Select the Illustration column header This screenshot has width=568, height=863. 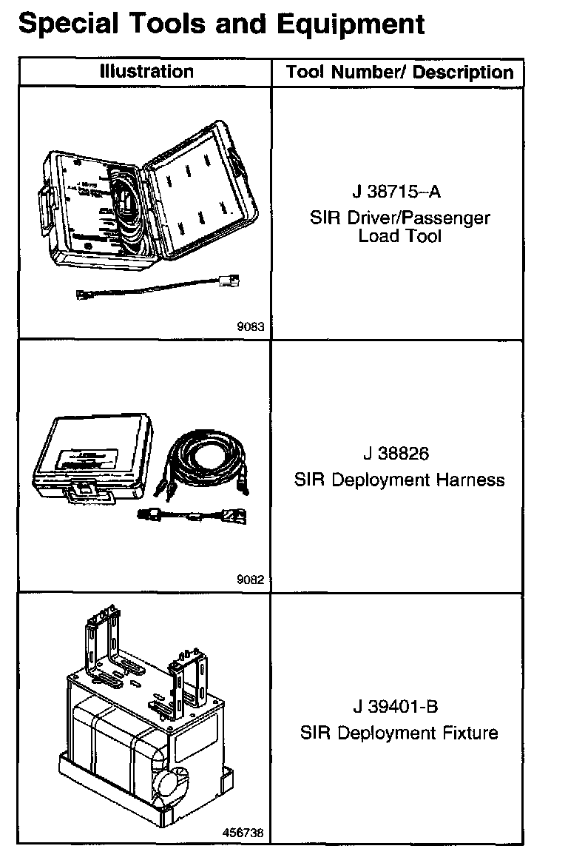click(x=146, y=72)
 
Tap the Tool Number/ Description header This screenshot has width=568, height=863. click(x=399, y=73)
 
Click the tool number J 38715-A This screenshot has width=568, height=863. click(x=396, y=192)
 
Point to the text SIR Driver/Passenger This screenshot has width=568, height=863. click(x=399, y=219)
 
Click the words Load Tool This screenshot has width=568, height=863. click(x=399, y=237)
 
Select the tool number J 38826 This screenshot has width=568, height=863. click(x=396, y=453)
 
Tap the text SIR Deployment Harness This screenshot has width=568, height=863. click(x=399, y=480)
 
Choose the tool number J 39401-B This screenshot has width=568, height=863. click(x=396, y=706)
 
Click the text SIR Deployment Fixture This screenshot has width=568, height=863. click(x=399, y=733)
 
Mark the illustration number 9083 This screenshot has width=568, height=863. click(x=250, y=326)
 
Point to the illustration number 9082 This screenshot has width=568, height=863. click(x=250, y=580)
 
